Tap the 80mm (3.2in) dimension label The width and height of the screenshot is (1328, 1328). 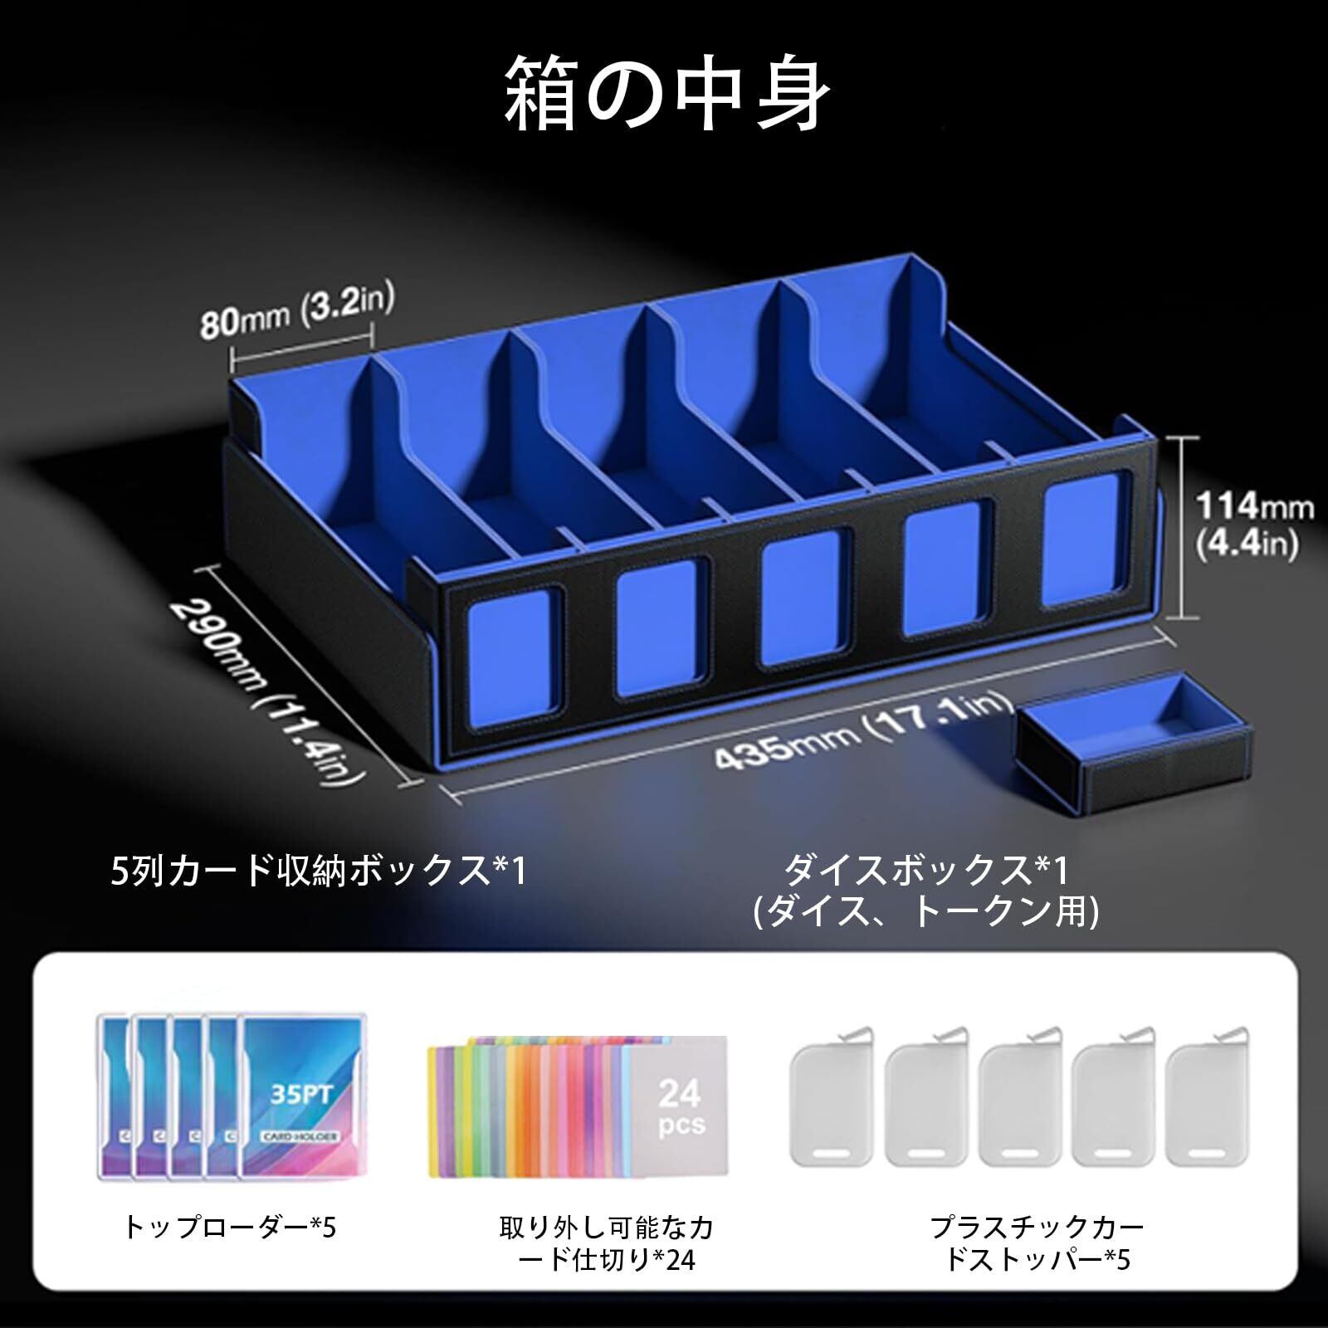coord(296,310)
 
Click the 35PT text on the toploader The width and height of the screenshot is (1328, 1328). coord(301,1095)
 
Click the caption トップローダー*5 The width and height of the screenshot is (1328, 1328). coord(230,1227)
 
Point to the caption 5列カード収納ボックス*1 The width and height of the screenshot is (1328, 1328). coord(319,871)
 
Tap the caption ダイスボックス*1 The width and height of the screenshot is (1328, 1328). coord(926,871)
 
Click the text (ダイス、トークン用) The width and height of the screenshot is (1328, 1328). coord(926,912)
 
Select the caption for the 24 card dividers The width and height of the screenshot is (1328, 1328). coord(607,1243)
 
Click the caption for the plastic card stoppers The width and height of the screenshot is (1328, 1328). coord(1037,1243)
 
